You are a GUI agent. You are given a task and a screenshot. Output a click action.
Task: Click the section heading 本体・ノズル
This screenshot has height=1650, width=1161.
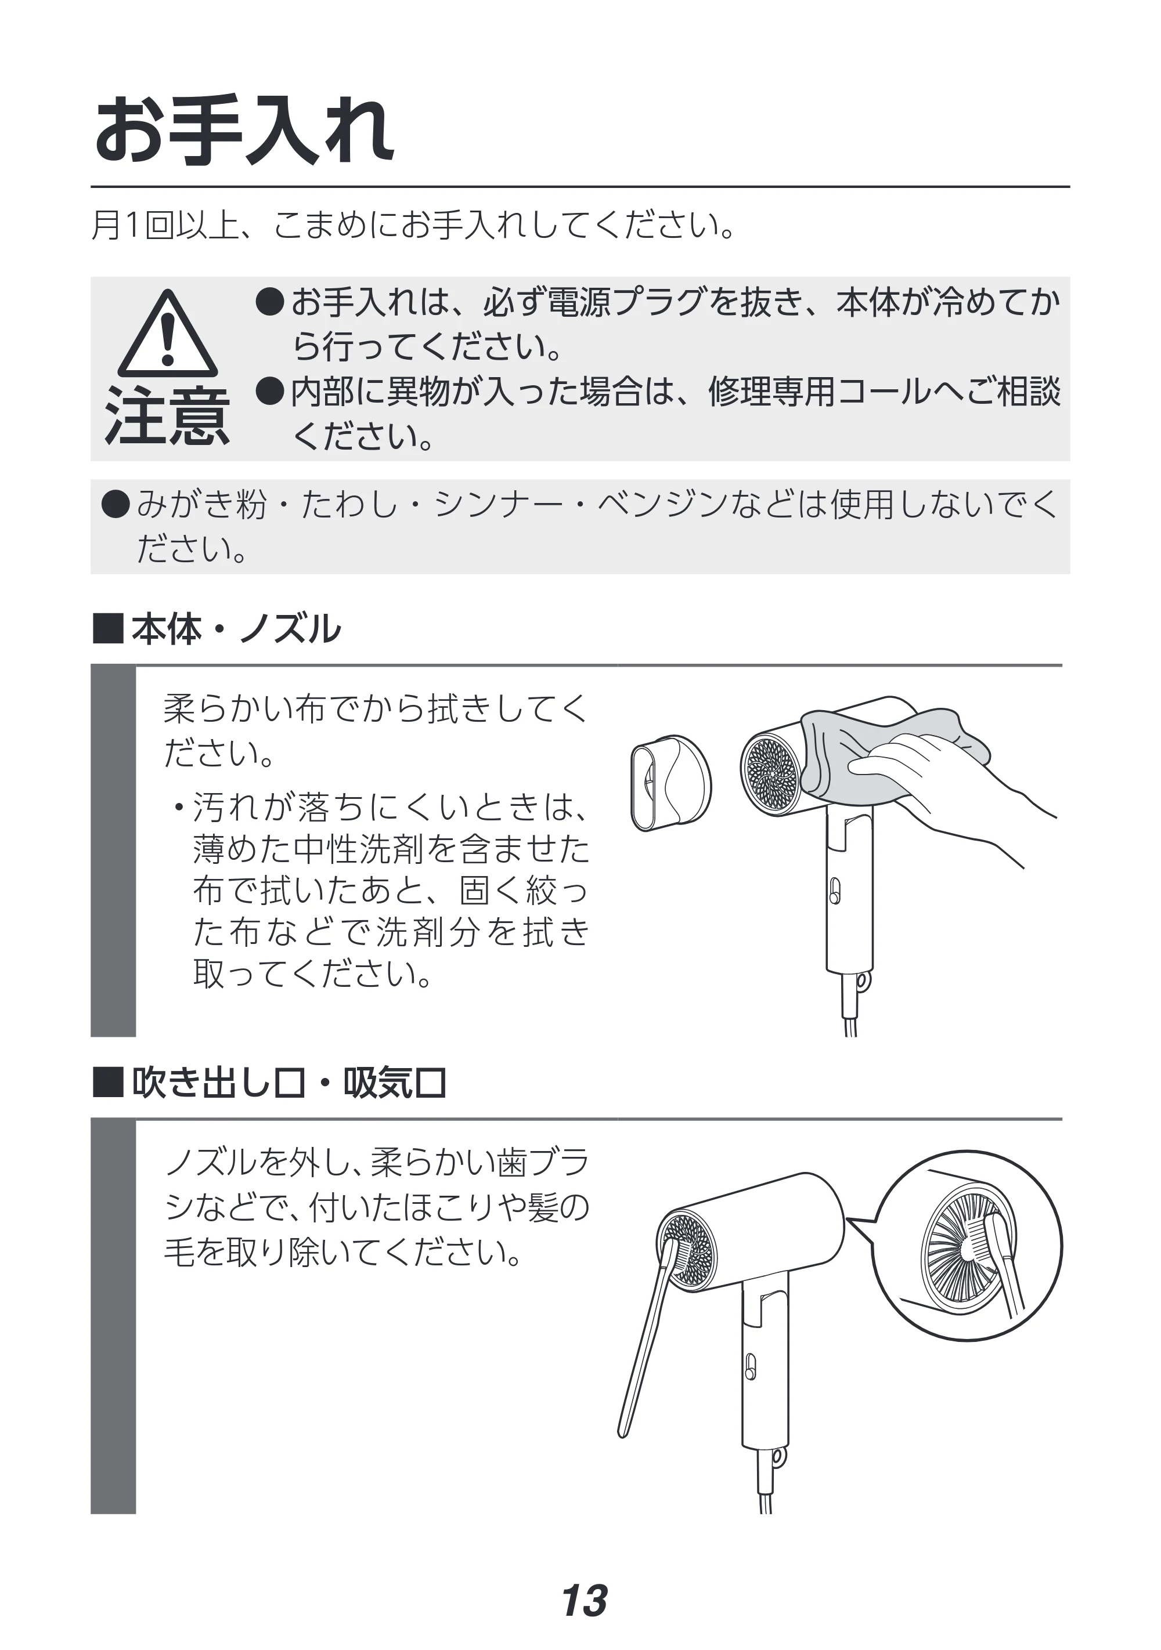point(236,629)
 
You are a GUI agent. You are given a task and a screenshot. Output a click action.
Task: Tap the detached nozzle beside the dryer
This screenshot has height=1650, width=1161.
point(670,783)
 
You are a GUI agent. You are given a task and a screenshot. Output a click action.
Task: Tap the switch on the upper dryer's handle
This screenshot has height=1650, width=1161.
point(835,891)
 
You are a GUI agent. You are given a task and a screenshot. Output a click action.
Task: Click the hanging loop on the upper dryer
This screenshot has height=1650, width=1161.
point(863,980)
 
